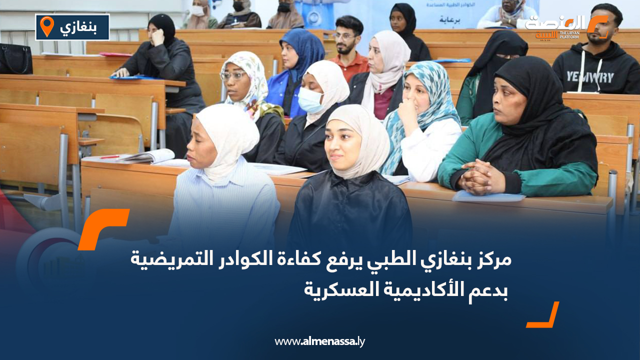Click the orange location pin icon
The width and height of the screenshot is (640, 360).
click(x=46, y=26)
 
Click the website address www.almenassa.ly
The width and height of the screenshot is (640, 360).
click(x=320, y=341)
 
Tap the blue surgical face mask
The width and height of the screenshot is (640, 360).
click(x=310, y=100)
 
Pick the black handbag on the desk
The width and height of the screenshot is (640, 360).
click(x=15, y=59)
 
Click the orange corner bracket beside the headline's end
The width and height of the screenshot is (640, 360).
click(x=544, y=316)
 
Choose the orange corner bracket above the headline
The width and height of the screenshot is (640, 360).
click(x=102, y=227)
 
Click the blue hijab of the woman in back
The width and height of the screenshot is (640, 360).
click(x=303, y=50)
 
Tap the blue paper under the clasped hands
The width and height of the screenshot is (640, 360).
click(x=488, y=197)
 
